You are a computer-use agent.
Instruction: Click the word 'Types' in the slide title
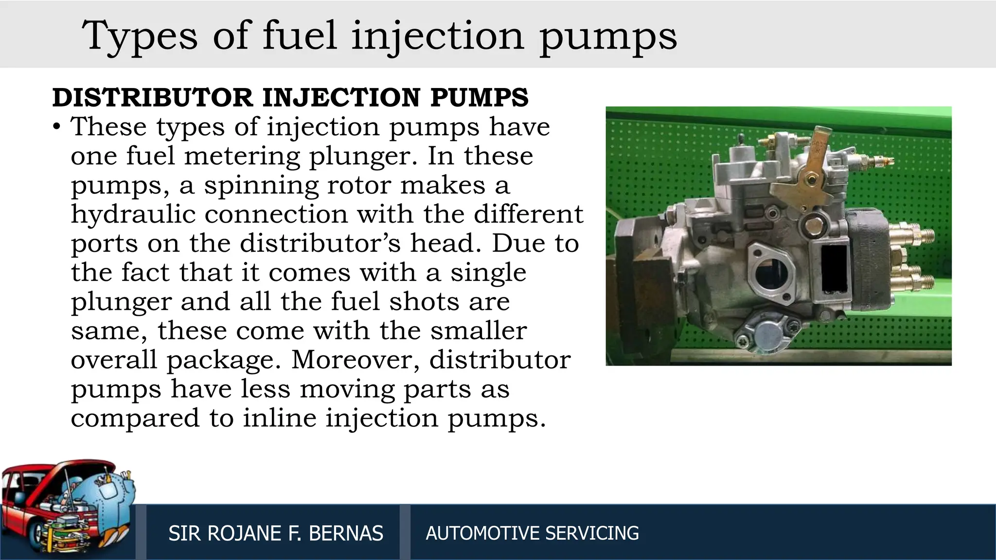140,36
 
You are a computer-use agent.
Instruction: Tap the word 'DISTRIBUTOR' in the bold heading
152,98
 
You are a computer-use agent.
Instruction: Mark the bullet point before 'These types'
57,127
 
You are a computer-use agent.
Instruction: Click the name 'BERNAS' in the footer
346,533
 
